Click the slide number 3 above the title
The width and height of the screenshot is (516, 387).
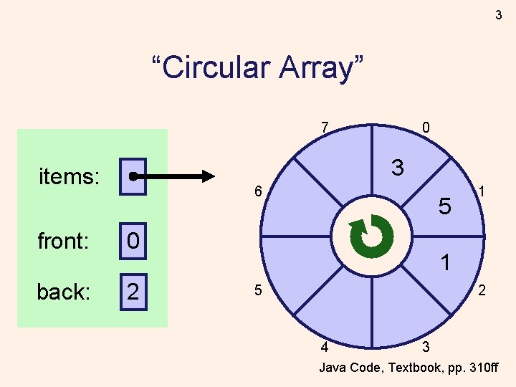498,14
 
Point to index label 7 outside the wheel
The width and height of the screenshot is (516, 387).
325,128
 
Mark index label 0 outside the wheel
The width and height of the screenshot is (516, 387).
426,128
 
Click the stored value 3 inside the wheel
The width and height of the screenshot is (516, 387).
398,168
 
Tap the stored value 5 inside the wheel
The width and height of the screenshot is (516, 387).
444,207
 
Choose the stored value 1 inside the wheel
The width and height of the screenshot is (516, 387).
446,263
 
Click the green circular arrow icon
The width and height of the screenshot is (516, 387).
371,236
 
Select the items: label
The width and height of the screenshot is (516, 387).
69,176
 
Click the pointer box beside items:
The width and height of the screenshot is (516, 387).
133,176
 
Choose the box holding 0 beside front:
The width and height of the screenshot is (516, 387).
133,241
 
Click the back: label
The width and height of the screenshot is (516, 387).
64,292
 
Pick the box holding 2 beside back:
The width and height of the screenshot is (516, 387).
133,292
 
